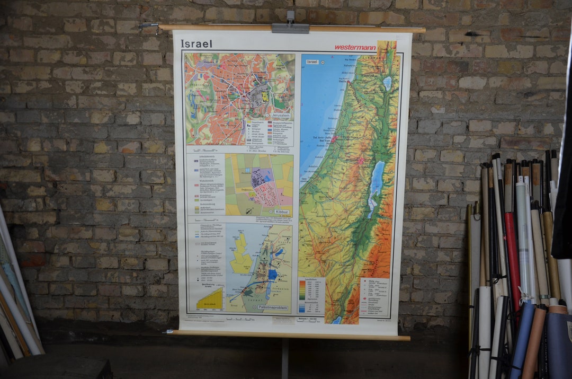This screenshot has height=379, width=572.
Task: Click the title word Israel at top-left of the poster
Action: (x=196, y=43)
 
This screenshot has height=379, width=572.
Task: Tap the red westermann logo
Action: (x=355, y=47)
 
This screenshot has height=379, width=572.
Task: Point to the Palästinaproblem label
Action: (x=273, y=307)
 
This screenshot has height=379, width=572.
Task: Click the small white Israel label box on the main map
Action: (x=312, y=61)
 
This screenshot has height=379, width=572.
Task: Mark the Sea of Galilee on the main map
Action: (x=387, y=83)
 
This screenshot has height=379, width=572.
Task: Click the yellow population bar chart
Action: (x=210, y=299)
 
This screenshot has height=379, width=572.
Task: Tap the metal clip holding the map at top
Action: (x=290, y=27)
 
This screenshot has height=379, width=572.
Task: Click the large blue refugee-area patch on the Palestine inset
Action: (x=273, y=275)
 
